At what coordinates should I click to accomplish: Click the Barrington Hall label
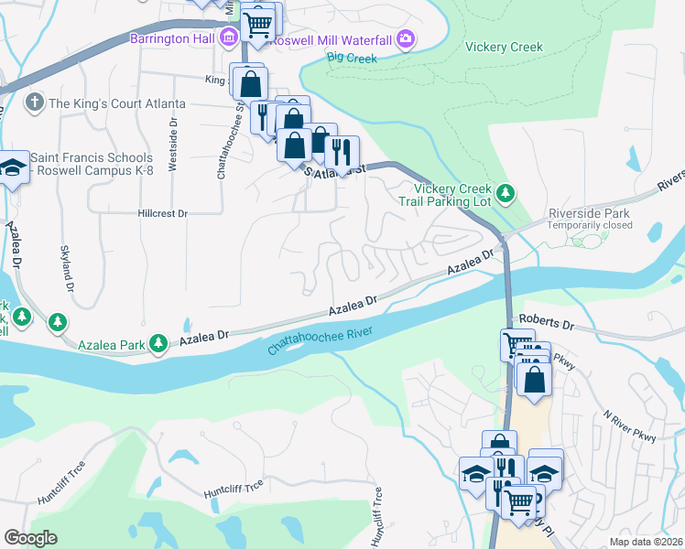pos(171,38)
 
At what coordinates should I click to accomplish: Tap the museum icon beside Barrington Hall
pos(228,38)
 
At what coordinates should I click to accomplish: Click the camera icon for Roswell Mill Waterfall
pos(406,38)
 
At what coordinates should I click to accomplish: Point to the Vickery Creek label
pos(504,48)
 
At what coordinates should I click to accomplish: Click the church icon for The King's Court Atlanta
pos(35,103)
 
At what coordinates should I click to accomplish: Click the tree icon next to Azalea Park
pos(159,343)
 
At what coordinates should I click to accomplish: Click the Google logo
pos(30,538)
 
